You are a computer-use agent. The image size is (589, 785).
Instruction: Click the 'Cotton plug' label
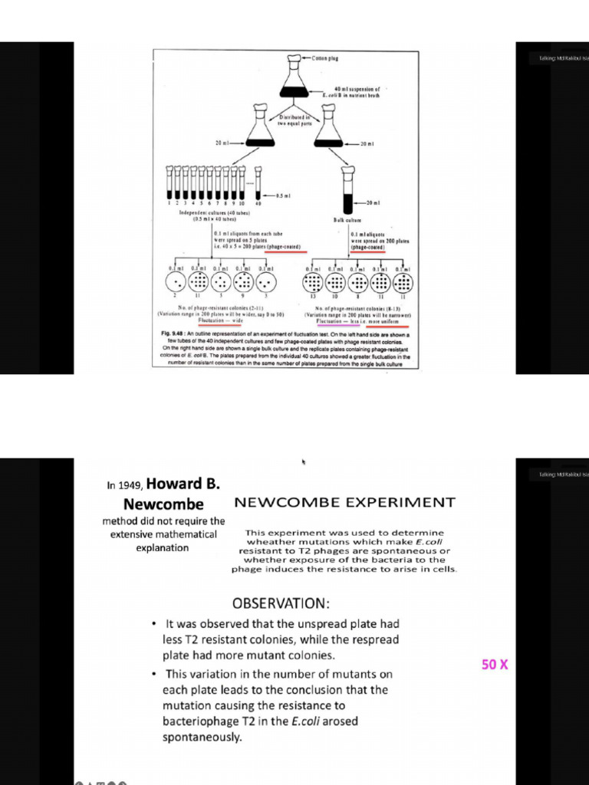click(x=326, y=58)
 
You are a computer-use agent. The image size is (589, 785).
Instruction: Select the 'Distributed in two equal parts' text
click(x=294, y=121)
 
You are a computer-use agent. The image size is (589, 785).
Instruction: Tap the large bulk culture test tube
click(x=349, y=191)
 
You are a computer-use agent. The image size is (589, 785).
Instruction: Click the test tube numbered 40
click(x=258, y=184)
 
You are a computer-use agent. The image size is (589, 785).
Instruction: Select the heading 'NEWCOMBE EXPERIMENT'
click(x=344, y=503)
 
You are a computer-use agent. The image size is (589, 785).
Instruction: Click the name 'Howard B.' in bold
click(x=183, y=484)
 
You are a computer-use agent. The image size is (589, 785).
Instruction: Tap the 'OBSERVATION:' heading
click(x=281, y=603)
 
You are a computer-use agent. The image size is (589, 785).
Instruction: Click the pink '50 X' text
click(x=495, y=665)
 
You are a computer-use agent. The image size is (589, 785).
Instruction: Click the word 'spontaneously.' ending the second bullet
click(x=202, y=737)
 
